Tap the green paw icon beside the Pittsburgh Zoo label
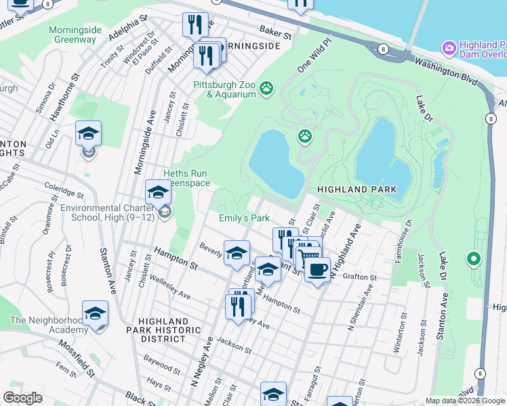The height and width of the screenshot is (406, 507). (268, 87)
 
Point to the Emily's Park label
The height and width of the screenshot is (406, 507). (244, 218)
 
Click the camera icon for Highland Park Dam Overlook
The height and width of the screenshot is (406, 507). (448, 48)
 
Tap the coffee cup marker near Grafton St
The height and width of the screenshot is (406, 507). (316, 270)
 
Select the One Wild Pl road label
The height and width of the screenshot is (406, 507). (315, 56)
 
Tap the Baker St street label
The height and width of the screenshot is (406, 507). (275, 32)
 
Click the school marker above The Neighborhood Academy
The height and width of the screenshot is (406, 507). (95, 314)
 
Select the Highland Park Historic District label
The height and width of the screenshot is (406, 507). (169, 330)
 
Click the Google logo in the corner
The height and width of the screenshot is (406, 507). (23, 397)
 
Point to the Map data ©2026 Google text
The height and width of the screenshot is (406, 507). (465, 401)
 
